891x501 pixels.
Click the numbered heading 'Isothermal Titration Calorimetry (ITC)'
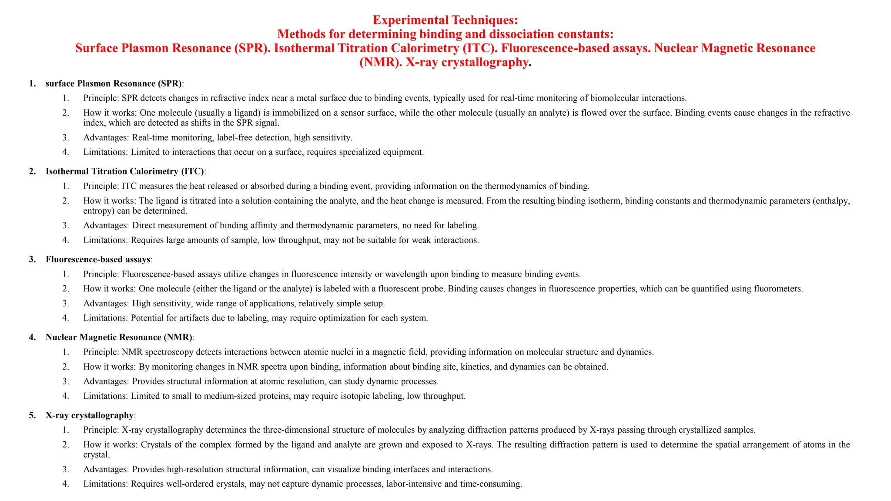click(125, 171)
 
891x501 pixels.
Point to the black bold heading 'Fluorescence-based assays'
click(98, 260)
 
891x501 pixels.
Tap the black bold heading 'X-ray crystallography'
click(90, 415)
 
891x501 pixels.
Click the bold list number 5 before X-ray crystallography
click(31, 415)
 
